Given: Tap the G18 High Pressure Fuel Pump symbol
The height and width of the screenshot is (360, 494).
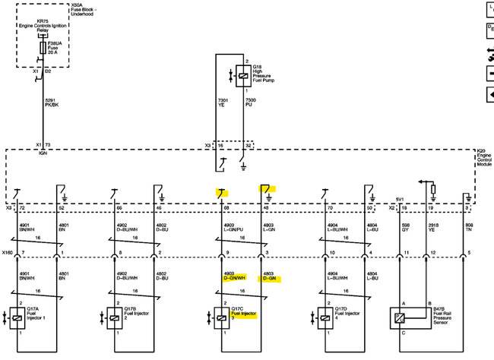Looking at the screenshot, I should click(x=241, y=73).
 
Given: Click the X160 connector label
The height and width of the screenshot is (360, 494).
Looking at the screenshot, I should click(x=8, y=251).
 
